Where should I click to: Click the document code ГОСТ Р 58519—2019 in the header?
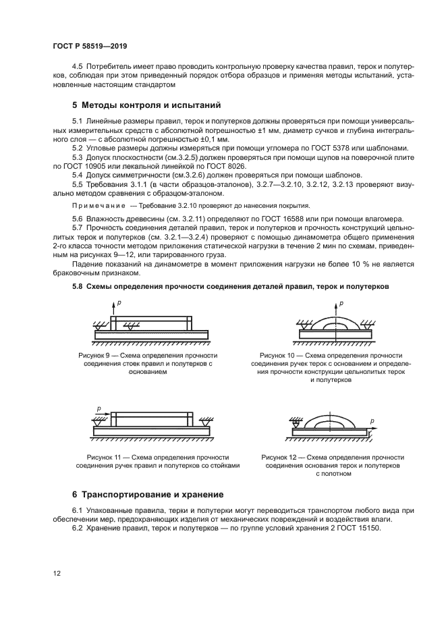tap(89, 47)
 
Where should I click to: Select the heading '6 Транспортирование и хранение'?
tap(147, 494)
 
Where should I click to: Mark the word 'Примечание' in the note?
tap(99, 205)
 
